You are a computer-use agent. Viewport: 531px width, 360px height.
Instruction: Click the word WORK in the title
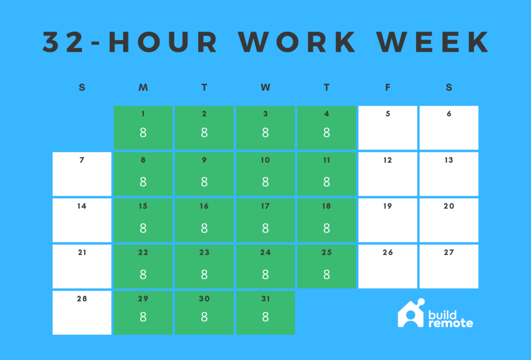[297, 42]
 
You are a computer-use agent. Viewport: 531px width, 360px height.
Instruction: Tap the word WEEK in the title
[433, 42]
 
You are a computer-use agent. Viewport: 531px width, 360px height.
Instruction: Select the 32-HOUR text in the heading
[130, 42]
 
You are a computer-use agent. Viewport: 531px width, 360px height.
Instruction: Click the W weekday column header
[265, 88]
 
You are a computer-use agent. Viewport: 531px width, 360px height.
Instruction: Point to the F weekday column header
[388, 88]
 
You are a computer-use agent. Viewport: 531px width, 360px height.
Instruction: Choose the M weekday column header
[143, 88]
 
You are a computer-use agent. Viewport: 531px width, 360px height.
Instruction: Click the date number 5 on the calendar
[388, 113]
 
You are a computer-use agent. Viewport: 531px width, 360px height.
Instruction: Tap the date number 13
[449, 160]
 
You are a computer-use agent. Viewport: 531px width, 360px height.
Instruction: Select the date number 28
[82, 299]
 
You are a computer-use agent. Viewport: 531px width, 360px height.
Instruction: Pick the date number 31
[265, 299]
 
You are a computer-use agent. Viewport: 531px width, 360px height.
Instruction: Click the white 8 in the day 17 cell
[265, 228]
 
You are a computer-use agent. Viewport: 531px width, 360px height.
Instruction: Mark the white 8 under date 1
[143, 133]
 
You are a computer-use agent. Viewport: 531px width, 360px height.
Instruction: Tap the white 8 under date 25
[326, 274]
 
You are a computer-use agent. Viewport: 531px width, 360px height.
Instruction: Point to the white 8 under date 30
[204, 317]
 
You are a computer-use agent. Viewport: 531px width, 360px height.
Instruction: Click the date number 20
[449, 206]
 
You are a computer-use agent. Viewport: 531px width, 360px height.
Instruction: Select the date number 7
[82, 160]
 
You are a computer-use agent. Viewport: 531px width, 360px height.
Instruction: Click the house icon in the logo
[411, 314]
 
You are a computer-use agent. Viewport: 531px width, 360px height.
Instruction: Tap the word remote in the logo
[451, 323]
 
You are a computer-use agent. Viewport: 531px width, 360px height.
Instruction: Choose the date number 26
[388, 252]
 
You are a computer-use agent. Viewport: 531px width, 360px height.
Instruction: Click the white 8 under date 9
[204, 182]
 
